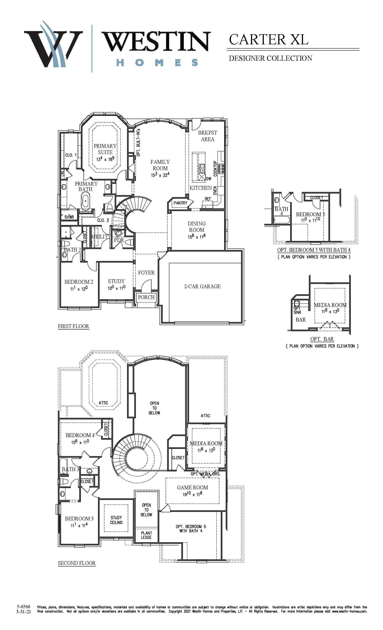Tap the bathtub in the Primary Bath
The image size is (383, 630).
[86, 201]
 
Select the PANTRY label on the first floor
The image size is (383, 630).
[180, 203]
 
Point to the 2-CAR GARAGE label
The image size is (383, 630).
[202, 286]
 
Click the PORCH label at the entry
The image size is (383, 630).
[146, 297]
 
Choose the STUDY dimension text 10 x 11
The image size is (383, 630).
[116, 288]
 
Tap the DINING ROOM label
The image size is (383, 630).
[197, 227]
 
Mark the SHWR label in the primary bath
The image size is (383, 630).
[69, 217]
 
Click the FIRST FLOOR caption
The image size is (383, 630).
[73, 326]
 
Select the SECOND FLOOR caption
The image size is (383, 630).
[77, 563]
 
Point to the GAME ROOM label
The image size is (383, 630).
[193, 488]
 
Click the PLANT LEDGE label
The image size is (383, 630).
[146, 535]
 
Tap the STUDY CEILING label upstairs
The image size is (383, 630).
[116, 520]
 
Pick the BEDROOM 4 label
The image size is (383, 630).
[80, 435]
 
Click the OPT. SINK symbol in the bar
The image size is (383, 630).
[297, 304]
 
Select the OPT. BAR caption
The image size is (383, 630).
[322, 339]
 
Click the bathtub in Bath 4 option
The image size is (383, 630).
[282, 220]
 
